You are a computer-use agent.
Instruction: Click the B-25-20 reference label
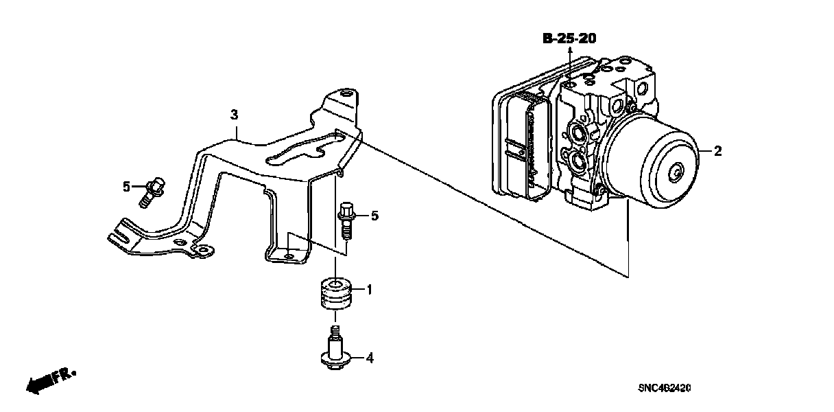[569, 39]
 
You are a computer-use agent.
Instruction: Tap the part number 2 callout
[717, 151]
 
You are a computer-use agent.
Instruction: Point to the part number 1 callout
[368, 290]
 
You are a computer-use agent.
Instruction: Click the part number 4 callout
[368, 357]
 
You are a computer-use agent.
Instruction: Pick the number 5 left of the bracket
[126, 186]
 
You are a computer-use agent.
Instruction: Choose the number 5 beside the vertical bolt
[374, 216]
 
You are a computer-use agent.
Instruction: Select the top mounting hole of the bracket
[346, 93]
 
